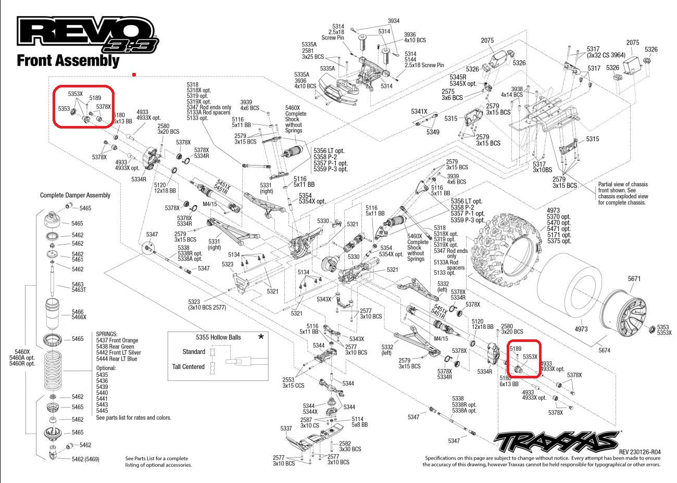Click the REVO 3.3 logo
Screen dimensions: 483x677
tap(86, 35)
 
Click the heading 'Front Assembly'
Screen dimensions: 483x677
tap(68, 60)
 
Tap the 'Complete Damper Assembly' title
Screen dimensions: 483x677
tap(75, 195)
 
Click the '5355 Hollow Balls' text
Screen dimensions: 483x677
tap(218, 337)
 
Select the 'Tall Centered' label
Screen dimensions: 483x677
tap(189, 367)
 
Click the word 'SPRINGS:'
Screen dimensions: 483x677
tap(107, 334)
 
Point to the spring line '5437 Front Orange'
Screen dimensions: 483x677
tap(117, 340)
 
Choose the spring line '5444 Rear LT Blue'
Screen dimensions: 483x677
tap(117, 359)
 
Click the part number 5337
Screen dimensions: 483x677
tap(286, 429)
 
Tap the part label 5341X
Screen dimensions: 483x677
tap(419, 111)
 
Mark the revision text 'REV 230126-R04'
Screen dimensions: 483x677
tap(640, 452)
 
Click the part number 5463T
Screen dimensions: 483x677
tap(79, 290)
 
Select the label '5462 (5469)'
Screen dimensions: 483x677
tap(85, 459)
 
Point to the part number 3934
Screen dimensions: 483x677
tap(394, 21)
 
